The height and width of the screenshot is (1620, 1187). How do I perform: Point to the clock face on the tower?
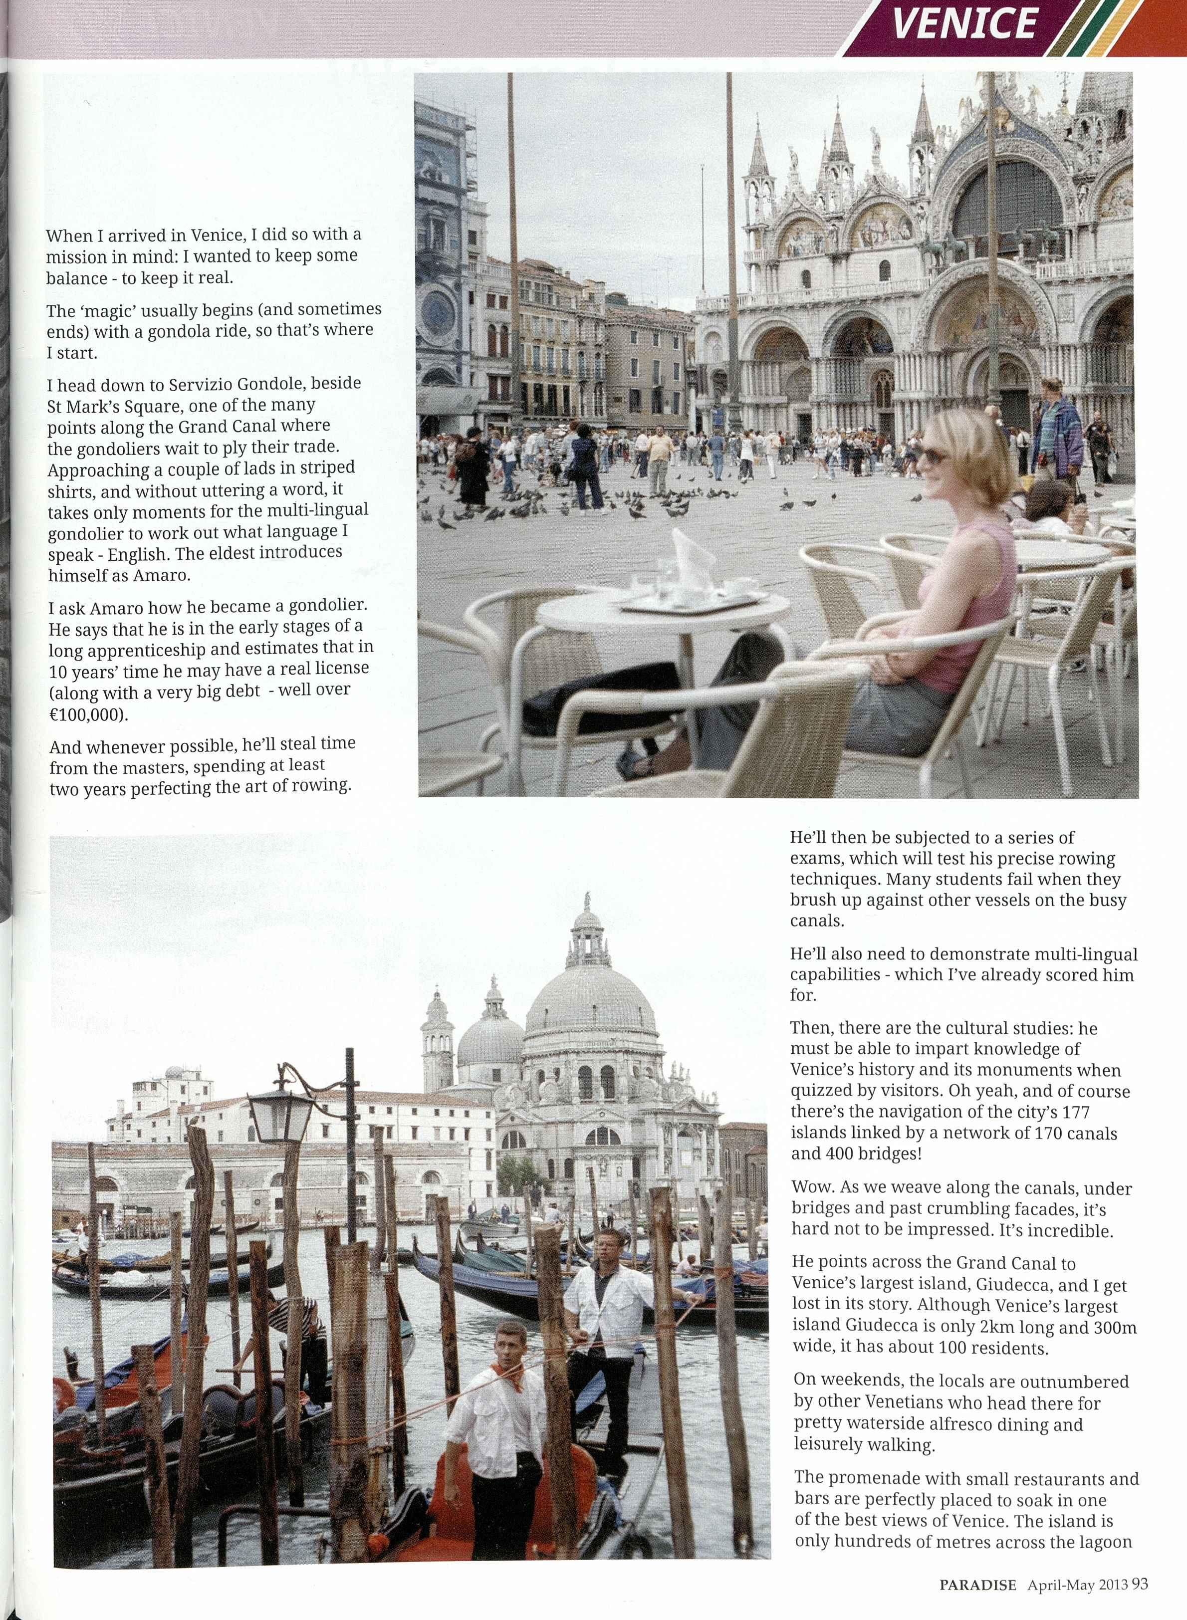coord(438,312)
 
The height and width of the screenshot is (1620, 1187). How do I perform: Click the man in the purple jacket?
coord(1058,431)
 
